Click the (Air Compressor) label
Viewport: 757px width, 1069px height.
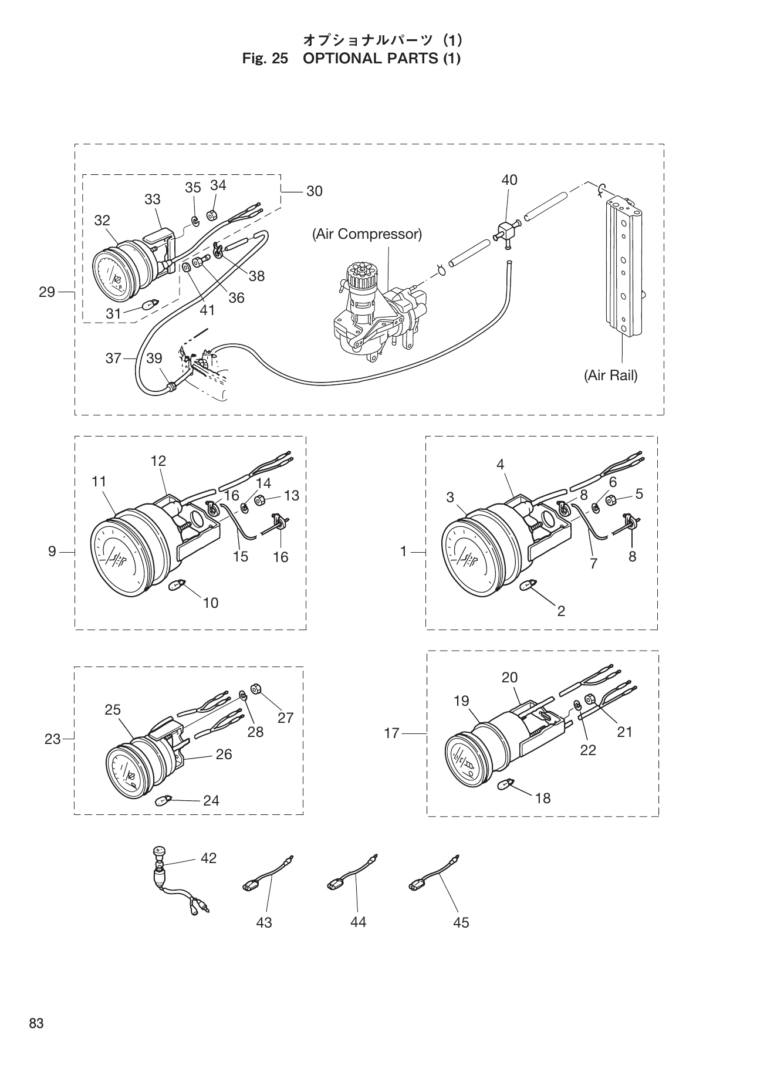pyautogui.click(x=367, y=235)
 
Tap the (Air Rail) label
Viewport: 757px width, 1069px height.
pyautogui.click(x=610, y=375)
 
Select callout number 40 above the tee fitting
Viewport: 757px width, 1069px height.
pyautogui.click(x=509, y=180)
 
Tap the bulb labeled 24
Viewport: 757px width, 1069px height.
pyautogui.click(x=164, y=800)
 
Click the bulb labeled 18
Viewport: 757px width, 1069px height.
pyautogui.click(x=505, y=784)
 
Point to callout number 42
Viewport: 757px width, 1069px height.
pyautogui.click(x=208, y=858)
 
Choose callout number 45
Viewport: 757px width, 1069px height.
pyautogui.click(x=461, y=923)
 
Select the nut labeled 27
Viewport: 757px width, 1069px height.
pyautogui.click(x=256, y=688)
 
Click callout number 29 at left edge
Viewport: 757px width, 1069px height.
pyautogui.click(x=47, y=292)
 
